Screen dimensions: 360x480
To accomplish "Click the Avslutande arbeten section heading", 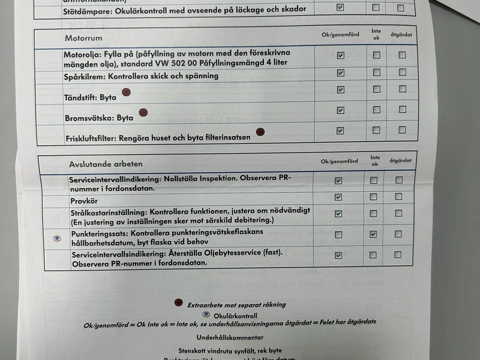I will (106, 164).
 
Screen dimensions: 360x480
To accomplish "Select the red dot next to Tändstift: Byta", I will (126, 92).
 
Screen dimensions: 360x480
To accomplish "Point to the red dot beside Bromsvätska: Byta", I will (143, 112).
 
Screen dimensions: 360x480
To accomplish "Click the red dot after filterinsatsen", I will (260, 131).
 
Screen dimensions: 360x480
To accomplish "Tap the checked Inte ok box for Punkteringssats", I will (373, 234).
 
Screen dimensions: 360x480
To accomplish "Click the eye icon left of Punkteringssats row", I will (57, 238).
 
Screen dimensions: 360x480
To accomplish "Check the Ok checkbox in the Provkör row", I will (338, 197).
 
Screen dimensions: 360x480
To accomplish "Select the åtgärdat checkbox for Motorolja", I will (402, 55).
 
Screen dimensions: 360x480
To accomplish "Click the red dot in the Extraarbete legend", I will (178, 303).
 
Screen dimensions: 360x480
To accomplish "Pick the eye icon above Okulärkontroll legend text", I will (206, 314).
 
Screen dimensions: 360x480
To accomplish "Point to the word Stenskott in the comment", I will (194, 350).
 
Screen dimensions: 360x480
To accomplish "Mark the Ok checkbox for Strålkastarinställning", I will (338, 214).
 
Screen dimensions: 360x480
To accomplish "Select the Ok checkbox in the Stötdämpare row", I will (340, 8).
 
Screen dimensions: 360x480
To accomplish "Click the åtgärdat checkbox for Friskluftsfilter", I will (402, 130).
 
